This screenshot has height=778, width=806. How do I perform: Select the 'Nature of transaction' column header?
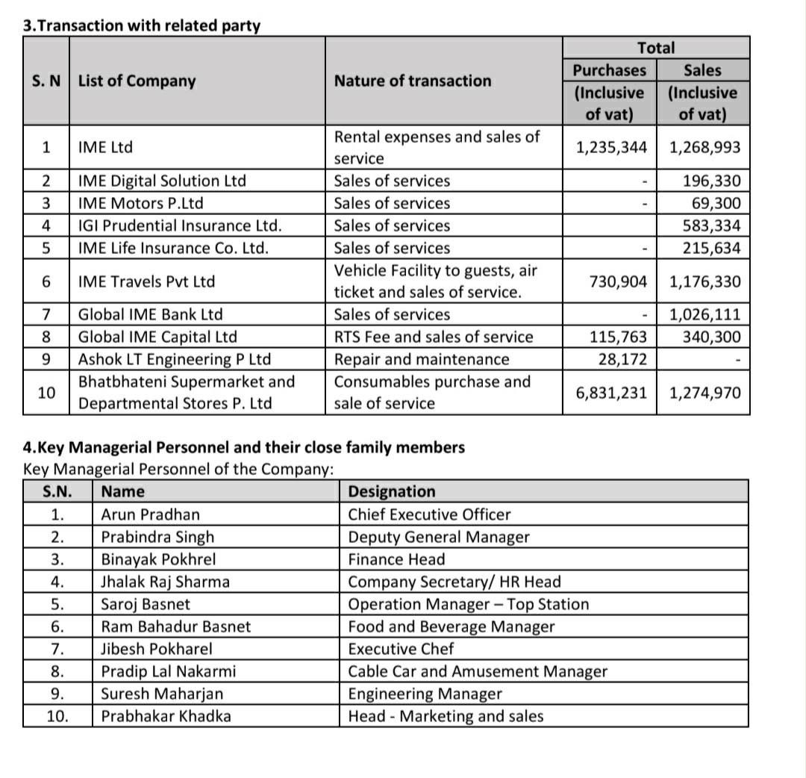[x=413, y=81]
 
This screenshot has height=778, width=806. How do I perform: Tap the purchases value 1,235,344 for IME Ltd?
[x=611, y=147]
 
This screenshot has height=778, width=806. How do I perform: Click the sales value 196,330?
[x=712, y=181]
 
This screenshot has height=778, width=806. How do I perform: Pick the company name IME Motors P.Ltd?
[x=140, y=203]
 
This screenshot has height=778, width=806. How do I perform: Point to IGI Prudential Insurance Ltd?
[x=180, y=225]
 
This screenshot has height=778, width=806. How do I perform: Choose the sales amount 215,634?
[x=712, y=248]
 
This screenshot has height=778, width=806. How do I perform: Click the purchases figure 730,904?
[x=618, y=281]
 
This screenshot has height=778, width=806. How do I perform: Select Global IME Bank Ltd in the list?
[x=151, y=314]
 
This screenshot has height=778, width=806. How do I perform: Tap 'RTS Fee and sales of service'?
[x=434, y=337]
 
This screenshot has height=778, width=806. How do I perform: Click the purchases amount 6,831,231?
[x=611, y=393]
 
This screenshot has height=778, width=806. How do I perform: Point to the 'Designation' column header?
[x=392, y=491]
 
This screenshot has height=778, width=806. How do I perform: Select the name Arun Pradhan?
[x=151, y=514]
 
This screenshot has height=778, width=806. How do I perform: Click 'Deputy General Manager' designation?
[x=439, y=537]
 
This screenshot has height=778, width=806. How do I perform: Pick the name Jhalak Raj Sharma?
[x=165, y=582]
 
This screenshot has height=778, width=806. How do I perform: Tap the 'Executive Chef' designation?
[x=401, y=649]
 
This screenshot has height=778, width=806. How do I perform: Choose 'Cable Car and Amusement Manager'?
[x=478, y=671]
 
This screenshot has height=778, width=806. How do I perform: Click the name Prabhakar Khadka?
[x=166, y=716]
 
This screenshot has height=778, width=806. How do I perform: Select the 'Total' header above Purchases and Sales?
[x=656, y=48]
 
